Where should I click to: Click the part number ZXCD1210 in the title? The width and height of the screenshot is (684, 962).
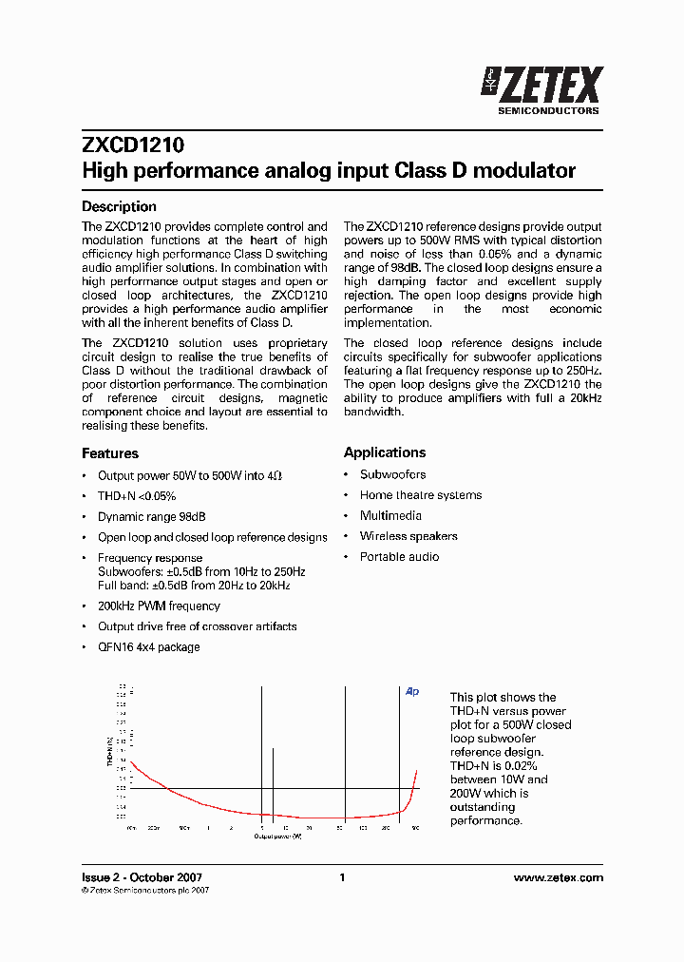[x=133, y=146]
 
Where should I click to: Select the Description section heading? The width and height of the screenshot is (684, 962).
[x=119, y=206]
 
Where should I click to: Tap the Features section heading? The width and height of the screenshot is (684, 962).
[x=110, y=453]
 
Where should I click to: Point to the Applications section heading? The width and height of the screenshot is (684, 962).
[x=385, y=452]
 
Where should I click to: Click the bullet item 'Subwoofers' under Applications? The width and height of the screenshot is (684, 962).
[x=392, y=474]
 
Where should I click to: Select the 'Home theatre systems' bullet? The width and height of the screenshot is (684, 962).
[x=420, y=495]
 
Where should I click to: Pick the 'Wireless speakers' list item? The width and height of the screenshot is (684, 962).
[x=408, y=536]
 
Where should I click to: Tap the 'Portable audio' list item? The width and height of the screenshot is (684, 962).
[x=399, y=557]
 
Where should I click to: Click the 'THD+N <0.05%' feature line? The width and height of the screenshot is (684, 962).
[x=137, y=496]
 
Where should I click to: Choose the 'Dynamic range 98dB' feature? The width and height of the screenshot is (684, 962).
[x=152, y=517]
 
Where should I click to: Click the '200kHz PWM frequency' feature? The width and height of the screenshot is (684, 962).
[x=159, y=606]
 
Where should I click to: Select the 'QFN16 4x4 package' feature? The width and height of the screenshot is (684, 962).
[x=149, y=647]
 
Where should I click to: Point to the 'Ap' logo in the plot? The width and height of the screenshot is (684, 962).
[x=412, y=692]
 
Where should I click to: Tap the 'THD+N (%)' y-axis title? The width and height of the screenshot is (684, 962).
[x=110, y=751]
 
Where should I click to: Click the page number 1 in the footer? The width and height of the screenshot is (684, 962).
[x=342, y=877]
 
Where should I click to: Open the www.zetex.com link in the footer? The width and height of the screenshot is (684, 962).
[x=558, y=877]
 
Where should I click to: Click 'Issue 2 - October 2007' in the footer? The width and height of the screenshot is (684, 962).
[x=142, y=877]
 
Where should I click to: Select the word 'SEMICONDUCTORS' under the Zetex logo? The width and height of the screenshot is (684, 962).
[x=549, y=110]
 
